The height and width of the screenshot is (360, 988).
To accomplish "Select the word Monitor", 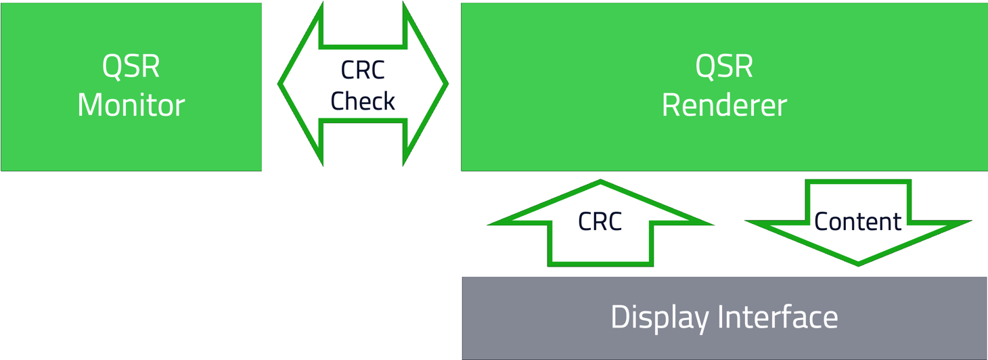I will click(x=131, y=106).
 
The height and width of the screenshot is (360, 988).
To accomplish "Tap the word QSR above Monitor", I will click(x=131, y=66).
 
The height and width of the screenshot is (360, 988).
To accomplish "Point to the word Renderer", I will click(x=724, y=106).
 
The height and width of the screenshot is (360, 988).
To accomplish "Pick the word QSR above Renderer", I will click(x=724, y=66).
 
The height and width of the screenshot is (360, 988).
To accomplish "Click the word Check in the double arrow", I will click(x=363, y=102).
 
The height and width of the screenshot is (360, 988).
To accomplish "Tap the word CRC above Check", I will click(x=363, y=70).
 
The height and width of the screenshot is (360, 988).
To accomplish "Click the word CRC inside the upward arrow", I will click(x=600, y=222).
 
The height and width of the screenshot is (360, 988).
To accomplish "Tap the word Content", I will click(x=858, y=222).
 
